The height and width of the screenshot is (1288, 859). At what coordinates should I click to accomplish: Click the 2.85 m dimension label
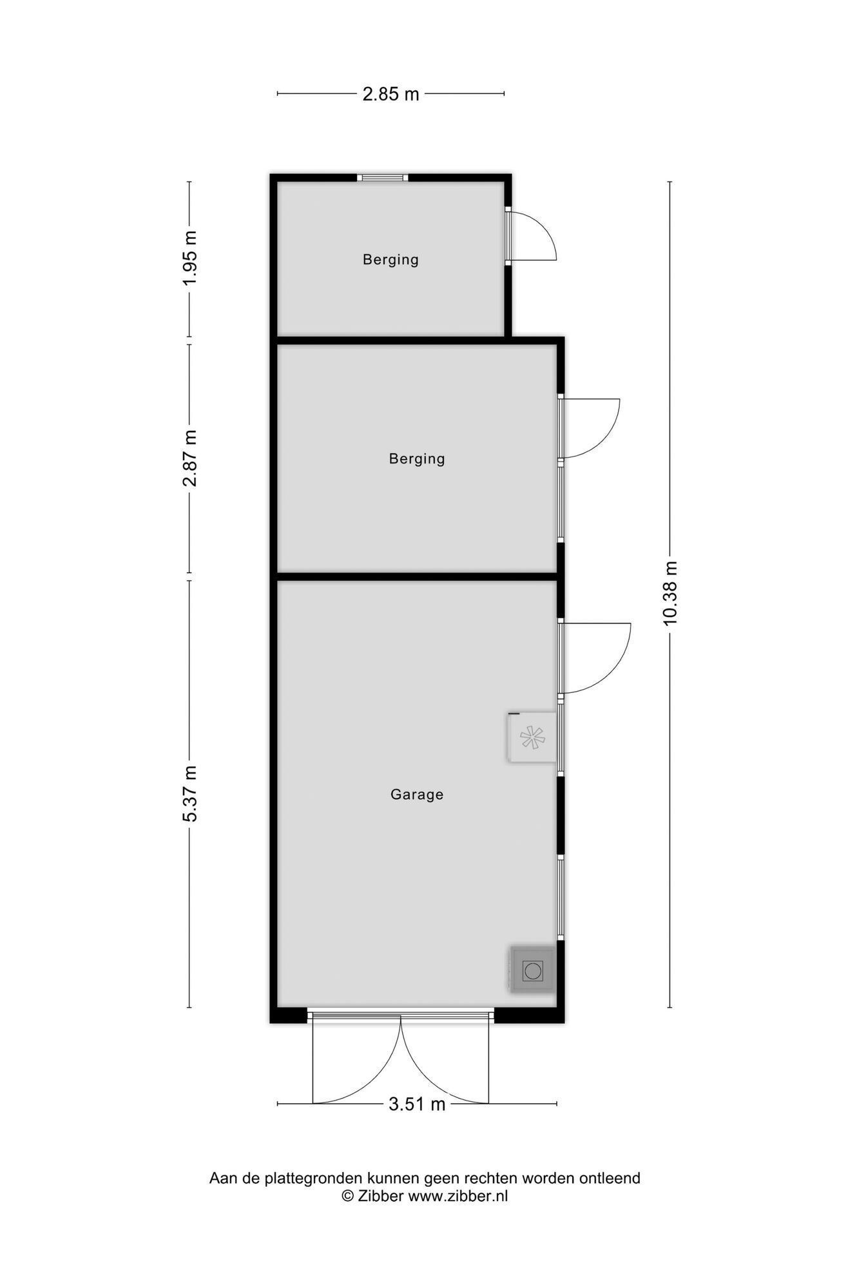coord(391,95)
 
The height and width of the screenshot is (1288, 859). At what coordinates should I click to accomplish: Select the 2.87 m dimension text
coord(190,458)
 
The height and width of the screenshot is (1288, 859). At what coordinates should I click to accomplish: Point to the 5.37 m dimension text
coord(190,793)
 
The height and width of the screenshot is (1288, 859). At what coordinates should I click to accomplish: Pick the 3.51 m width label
coord(417,1104)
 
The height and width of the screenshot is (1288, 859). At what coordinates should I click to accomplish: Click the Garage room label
coord(417,795)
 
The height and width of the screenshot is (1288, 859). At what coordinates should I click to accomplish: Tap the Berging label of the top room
coord(391,260)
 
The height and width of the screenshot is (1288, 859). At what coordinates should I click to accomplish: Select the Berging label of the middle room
coord(417,459)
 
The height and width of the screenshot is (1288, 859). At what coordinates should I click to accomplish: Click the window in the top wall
coord(383,178)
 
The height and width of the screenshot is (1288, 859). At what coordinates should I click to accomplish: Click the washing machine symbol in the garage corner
coord(532,970)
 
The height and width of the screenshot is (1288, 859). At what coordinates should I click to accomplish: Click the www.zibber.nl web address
coord(458,1196)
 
